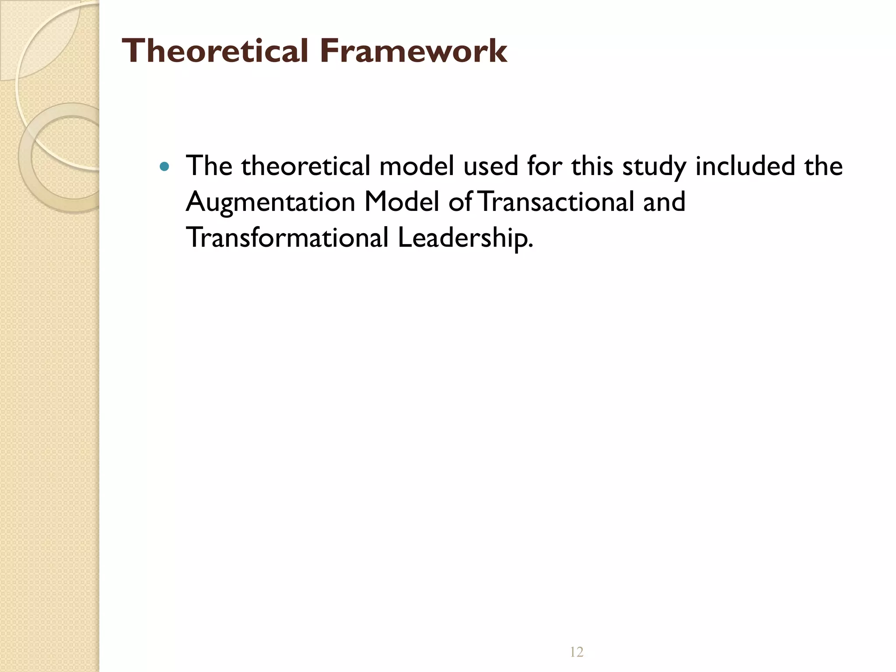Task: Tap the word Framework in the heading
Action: (413, 51)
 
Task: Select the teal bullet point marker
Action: (164, 167)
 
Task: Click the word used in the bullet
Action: (490, 166)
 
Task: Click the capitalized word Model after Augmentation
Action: (402, 202)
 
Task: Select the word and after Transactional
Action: (664, 202)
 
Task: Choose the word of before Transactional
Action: (460, 202)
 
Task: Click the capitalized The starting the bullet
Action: (209, 166)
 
